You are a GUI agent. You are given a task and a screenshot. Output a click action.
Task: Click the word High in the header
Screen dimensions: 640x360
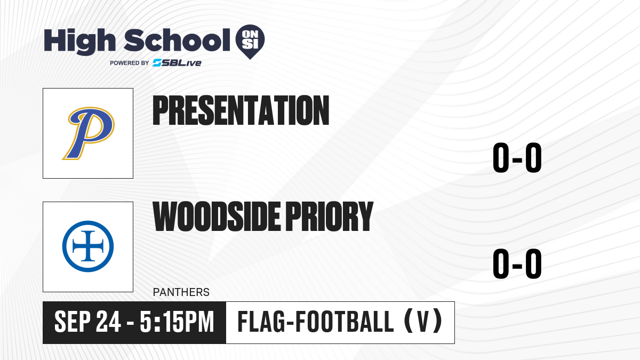pos(79,41)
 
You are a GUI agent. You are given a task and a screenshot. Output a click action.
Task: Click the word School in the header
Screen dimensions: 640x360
pos(177,40)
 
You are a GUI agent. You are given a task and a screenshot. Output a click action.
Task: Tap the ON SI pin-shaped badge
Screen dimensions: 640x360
pos(250,42)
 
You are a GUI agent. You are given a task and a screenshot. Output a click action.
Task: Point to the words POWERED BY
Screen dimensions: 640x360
pos(130,63)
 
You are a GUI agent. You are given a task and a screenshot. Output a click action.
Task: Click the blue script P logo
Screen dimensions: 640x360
pos(89,133)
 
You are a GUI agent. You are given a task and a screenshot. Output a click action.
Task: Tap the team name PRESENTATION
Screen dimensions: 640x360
pos(241,110)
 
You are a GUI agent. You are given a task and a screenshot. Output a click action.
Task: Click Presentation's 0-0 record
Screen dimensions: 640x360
pos(517,157)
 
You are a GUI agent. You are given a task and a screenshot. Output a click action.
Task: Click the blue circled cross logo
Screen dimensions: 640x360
pos(88,246)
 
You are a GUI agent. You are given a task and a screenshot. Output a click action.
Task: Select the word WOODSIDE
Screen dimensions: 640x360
pos(217,216)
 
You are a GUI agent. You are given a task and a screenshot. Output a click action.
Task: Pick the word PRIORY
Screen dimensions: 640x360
pos(330,216)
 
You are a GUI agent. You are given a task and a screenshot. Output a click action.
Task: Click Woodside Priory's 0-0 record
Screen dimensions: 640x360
pos(517,263)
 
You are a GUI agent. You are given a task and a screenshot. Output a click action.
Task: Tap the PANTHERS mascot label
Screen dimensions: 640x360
pos(181,292)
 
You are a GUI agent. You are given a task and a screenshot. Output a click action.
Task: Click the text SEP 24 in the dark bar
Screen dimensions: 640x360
pos(87,322)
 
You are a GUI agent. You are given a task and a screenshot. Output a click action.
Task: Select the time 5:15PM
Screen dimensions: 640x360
pos(177,322)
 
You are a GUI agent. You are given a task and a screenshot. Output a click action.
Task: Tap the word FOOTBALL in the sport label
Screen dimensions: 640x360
pos(345,322)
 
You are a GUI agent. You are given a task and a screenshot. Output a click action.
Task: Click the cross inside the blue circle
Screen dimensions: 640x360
pos(88,246)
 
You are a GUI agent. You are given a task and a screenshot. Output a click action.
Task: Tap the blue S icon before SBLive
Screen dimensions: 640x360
pos(157,63)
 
